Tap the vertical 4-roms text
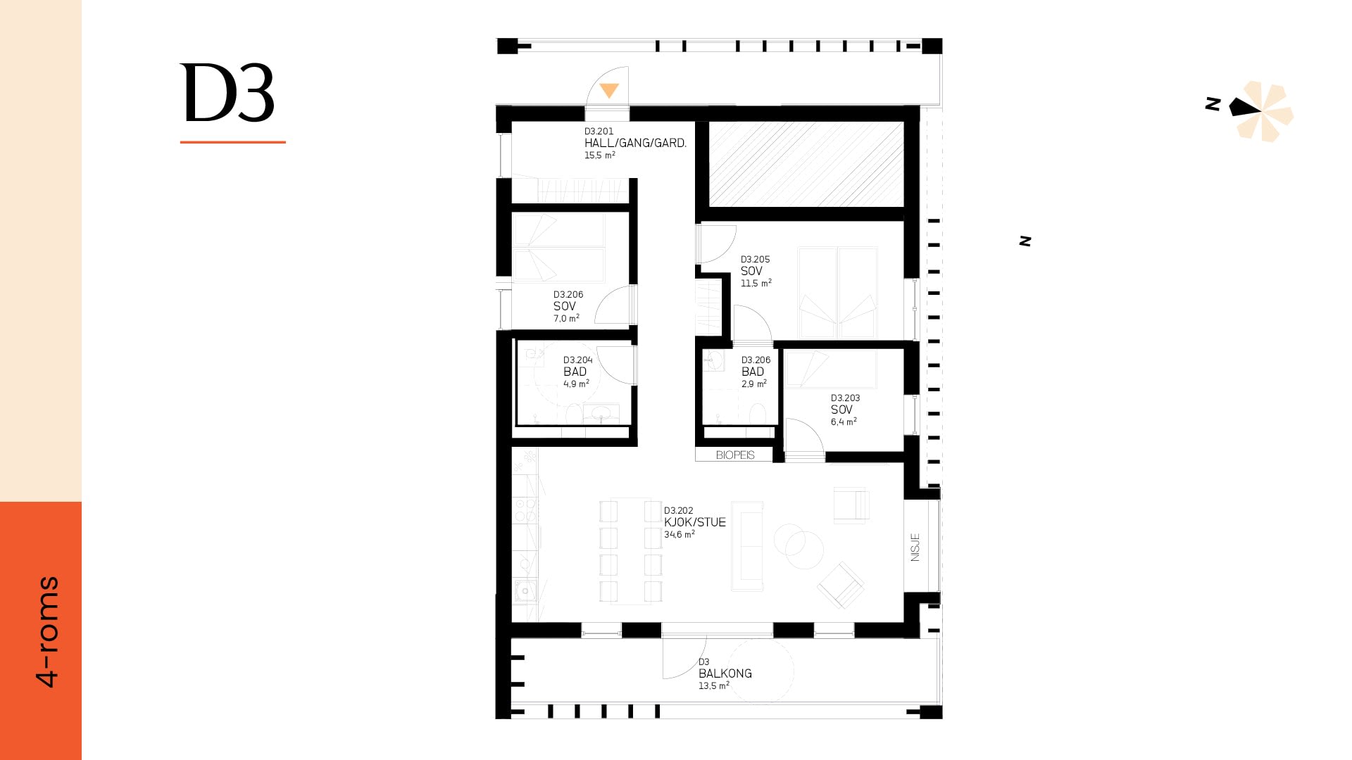coord(48,631)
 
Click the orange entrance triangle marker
coord(609,90)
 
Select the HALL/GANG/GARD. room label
coord(635,143)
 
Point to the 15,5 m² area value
coord(599,156)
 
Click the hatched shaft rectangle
coord(806,164)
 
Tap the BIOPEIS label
coord(735,455)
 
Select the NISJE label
coord(915,547)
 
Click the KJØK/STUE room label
coord(694,522)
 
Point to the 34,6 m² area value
coord(679,535)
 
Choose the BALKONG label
coord(725,673)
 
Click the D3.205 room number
coord(755,259)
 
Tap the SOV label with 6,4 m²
coord(841,410)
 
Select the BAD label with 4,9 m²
coord(575,372)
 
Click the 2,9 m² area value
coord(753,384)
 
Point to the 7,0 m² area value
coord(566,319)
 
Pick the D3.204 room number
coord(577,360)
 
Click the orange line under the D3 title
coord(232,142)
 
